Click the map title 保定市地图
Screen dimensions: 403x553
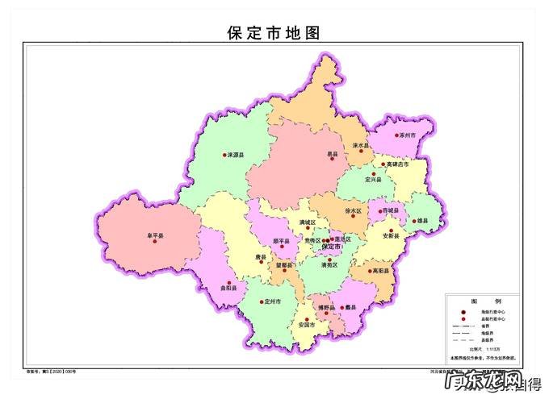click(275, 33)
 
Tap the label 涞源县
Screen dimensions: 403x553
click(237, 154)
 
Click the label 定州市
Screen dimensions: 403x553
click(274, 301)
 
